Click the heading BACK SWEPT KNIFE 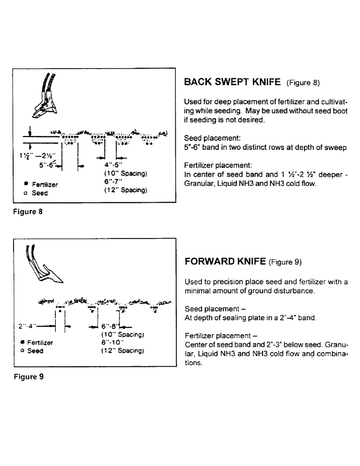pyautogui.click(x=233, y=83)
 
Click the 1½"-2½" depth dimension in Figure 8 pyautogui.click(x=27, y=156)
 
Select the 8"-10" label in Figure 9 pyautogui.click(x=112, y=343)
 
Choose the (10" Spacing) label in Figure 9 pyautogui.click(x=122, y=335)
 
